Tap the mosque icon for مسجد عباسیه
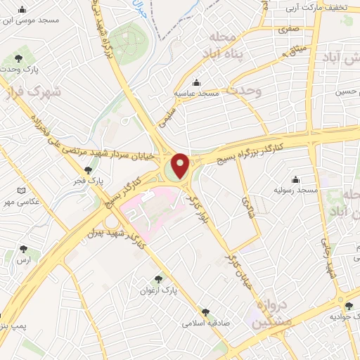tap(197, 82)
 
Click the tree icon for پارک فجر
tap(88, 170)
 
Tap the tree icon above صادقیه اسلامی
tap(205, 311)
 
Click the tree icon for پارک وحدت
tap(18, 59)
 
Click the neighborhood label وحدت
tap(244, 91)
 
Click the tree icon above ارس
tap(25, 249)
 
